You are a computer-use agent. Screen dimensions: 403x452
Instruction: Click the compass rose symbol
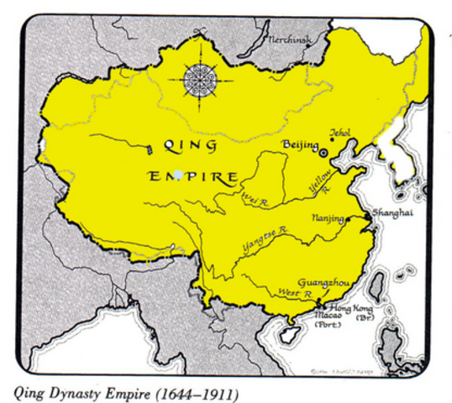pyautogui.click(x=200, y=81)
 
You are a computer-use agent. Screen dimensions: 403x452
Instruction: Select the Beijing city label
pyautogui.click(x=299, y=145)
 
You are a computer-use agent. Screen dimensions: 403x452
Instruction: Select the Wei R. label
pyautogui.click(x=254, y=199)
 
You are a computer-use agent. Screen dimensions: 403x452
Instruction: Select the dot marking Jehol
pyautogui.click(x=332, y=140)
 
